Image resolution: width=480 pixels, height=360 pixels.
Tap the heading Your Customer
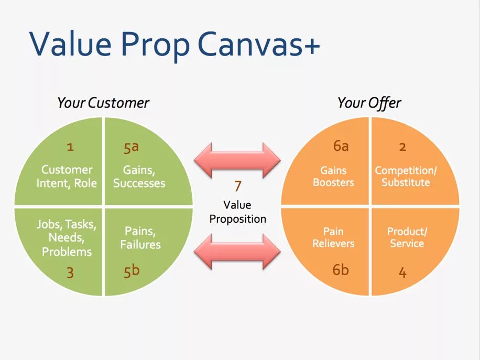click(x=103, y=103)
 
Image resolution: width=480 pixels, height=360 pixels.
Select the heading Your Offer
click(x=369, y=103)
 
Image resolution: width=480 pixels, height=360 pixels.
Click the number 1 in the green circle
click(x=70, y=147)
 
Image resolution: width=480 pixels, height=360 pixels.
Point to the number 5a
click(x=131, y=147)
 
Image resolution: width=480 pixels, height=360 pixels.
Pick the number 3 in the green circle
click(x=70, y=272)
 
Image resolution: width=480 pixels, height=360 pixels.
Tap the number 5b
click(x=132, y=271)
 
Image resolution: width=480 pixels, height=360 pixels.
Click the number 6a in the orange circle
click(x=341, y=146)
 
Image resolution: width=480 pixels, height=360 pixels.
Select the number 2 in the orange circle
click(x=402, y=147)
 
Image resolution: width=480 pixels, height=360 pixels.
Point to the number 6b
click(x=341, y=270)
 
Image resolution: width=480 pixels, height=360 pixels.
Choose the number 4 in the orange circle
click(x=402, y=272)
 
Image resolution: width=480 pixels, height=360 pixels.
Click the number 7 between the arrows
click(x=237, y=186)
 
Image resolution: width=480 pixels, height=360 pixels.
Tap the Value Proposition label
click(x=237, y=212)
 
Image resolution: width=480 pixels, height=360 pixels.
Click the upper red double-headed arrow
click(x=237, y=159)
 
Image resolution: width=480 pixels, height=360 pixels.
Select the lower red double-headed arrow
click(x=237, y=251)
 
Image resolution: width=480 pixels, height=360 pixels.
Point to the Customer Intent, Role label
click(x=67, y=177)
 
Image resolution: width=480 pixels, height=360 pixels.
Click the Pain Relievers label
click(x=333, y=237)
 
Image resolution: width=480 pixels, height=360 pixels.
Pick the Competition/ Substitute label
click(x=406, y=177)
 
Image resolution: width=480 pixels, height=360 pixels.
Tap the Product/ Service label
click(x=407, y=237)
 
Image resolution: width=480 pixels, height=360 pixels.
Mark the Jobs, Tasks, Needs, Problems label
click(x=67, y=238)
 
